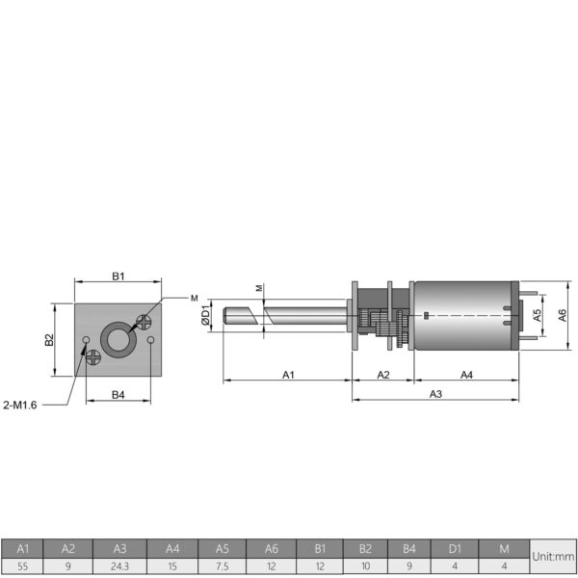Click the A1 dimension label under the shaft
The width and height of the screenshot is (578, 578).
(287, 374)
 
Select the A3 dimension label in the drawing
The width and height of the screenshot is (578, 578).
(435, 394)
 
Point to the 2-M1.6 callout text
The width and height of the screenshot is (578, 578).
(20, 405)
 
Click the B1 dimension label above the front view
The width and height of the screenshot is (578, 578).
(118, 276)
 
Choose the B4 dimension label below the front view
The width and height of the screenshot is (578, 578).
(118, 394)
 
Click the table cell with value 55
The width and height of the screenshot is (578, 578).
(24, 566)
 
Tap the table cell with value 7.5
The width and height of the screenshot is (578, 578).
(222, 566)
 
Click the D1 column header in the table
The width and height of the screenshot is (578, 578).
(455, 547)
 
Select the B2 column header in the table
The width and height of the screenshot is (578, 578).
(365, 547)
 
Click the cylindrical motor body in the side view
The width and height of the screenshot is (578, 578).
(462, 316)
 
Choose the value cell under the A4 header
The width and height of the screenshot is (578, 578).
(171, 566)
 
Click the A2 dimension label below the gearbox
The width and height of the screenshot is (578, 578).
(382, 374)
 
